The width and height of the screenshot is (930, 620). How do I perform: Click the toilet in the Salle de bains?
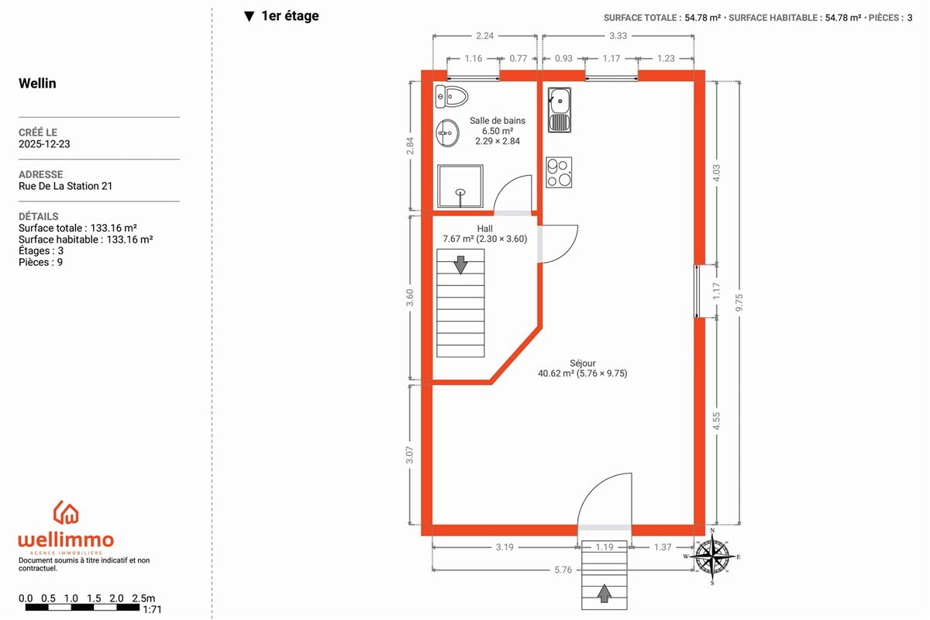451,97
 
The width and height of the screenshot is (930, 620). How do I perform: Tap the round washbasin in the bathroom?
448,133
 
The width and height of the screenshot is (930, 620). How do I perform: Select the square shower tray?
460,186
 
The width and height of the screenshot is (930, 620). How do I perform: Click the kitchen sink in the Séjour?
560,110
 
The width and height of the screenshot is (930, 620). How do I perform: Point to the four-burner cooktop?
559,172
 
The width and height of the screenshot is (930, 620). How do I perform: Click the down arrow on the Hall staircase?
460,265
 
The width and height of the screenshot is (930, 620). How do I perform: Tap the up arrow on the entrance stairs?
604,593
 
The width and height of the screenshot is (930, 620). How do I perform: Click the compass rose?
712,556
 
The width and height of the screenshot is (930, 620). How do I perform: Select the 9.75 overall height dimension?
739,303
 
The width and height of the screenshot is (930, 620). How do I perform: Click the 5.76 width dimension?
563,570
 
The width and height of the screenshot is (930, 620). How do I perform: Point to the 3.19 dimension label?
505,547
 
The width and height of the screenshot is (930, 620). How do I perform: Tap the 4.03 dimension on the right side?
716,173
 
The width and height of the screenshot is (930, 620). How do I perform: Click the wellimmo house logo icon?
66,512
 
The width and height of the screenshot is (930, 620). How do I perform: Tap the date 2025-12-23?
44,144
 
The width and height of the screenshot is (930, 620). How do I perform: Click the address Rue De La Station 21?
66,186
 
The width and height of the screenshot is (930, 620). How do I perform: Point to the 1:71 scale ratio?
152,610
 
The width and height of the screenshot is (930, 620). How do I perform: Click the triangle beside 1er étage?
249,16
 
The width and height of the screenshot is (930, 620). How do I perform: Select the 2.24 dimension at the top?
484,36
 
